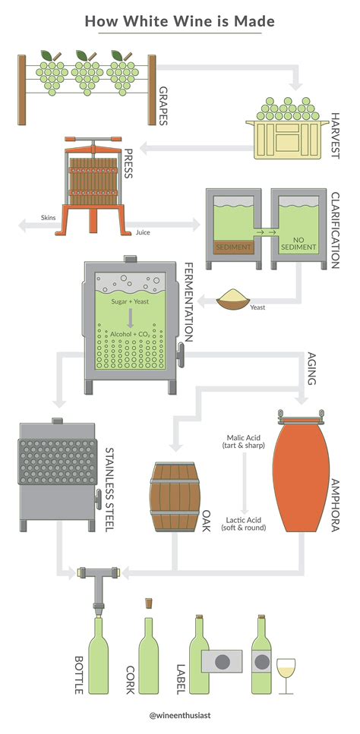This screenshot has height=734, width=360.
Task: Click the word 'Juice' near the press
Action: pyautogui.click(x=142, y=232)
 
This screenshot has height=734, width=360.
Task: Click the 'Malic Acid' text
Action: pyautogui.click(x=245, y=439)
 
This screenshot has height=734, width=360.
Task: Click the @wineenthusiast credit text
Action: pyautogui.click(x=179, y=715)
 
